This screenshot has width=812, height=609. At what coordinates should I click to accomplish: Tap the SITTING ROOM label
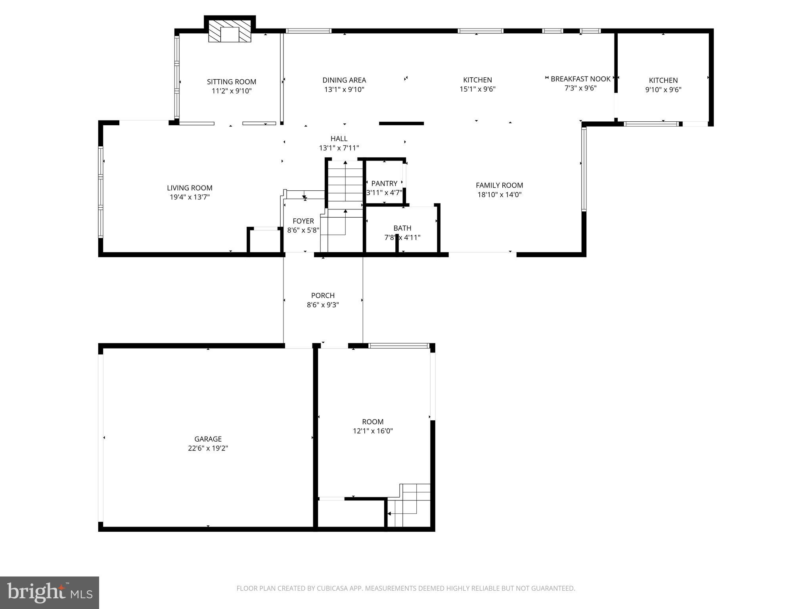(x=232, y=82)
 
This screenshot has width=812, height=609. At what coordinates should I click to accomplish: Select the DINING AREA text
(x=344, y=80)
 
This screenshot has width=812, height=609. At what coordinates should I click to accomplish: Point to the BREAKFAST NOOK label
(x=580, y=79)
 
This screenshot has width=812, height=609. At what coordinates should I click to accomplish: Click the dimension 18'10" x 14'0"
(x=499, y=195)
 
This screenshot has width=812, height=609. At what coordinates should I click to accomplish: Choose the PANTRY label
(x=384, y=183)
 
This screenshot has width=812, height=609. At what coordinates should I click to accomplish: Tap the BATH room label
(x=402, y=228)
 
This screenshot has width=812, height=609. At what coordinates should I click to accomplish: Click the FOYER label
(x=303, y=221)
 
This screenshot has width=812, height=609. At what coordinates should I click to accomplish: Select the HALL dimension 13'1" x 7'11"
(x=339, y=148)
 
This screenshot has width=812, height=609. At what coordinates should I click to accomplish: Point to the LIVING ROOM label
(x=190, y=188)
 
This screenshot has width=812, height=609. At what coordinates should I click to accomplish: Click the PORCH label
(x=323, y=295)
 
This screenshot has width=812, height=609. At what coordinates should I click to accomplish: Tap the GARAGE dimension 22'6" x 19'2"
(x=208, y=448)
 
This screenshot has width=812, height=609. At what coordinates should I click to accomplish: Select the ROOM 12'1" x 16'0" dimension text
(x=373, y=431)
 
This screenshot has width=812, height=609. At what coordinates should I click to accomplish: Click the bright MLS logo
(x=50, y=592)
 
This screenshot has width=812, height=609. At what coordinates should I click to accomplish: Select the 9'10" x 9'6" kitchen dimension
(x=663, y=90)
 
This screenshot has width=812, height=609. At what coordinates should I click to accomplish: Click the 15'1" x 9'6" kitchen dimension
(x=477, y=89)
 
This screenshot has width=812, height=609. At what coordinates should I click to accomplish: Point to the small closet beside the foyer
(x=265, y=241)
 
